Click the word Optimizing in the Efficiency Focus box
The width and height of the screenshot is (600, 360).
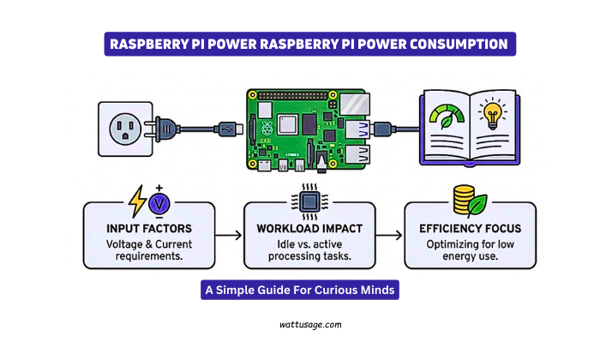450,244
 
